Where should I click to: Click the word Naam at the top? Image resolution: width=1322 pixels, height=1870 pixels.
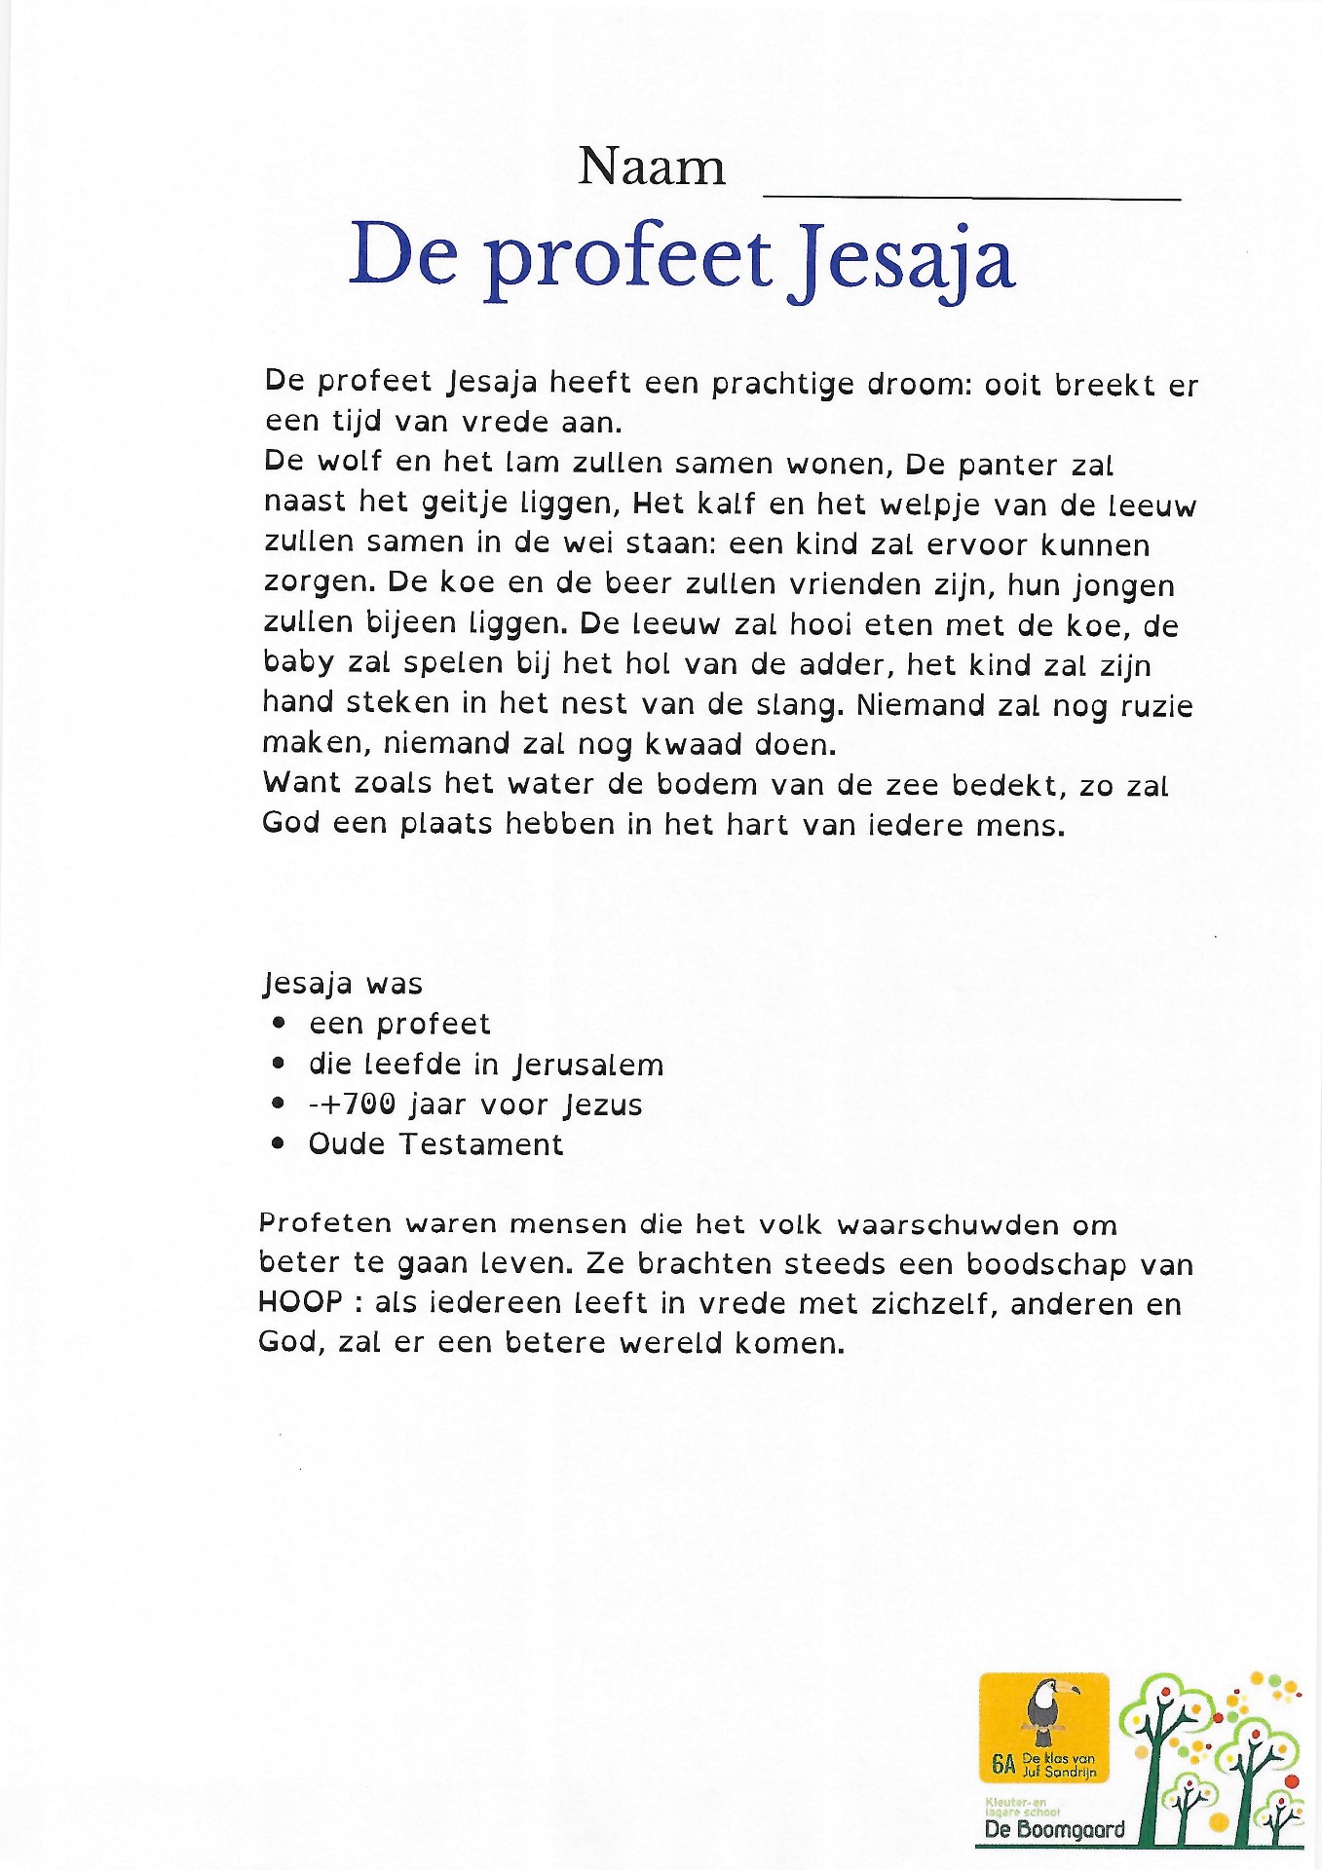point(651,168)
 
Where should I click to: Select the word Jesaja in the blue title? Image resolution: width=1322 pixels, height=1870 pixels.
point(902,259)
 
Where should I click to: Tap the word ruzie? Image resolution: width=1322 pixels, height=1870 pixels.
point(1156,705)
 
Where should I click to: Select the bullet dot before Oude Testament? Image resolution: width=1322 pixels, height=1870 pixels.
point(280,1143)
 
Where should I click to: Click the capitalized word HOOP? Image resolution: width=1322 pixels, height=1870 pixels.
point(300,1302)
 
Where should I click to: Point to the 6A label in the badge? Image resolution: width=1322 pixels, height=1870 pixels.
point(1003,1764)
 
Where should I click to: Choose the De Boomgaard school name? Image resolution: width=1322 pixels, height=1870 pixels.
point(1054,1830)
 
